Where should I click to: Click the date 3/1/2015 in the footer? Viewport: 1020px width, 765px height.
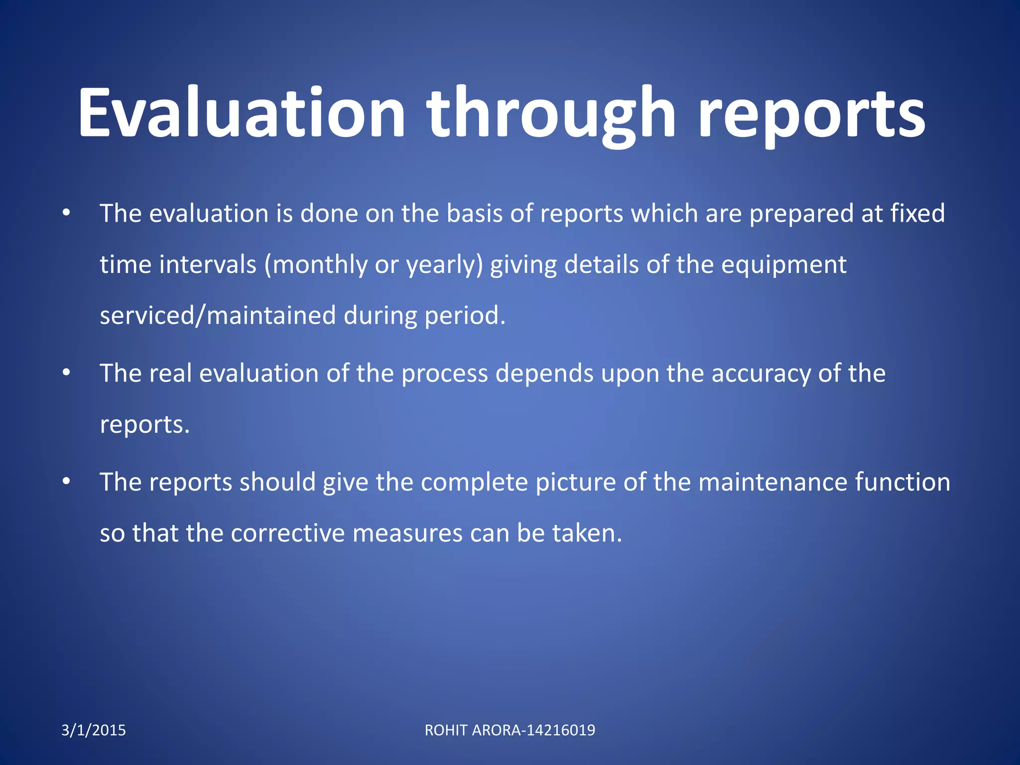(x=94, y=730)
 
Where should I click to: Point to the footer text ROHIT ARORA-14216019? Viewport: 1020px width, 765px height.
(x=510, y=730)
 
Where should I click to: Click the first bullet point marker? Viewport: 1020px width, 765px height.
(x=66, y=214)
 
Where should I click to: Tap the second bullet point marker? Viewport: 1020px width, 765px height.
(x=66, y=373)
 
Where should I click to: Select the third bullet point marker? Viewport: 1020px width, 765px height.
(x=66, y=482)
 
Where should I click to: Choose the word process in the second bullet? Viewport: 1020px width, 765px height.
(x=444, y=374)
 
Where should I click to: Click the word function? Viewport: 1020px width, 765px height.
(x=902, y=482)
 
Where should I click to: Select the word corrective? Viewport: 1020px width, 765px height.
(x=288, y=533)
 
